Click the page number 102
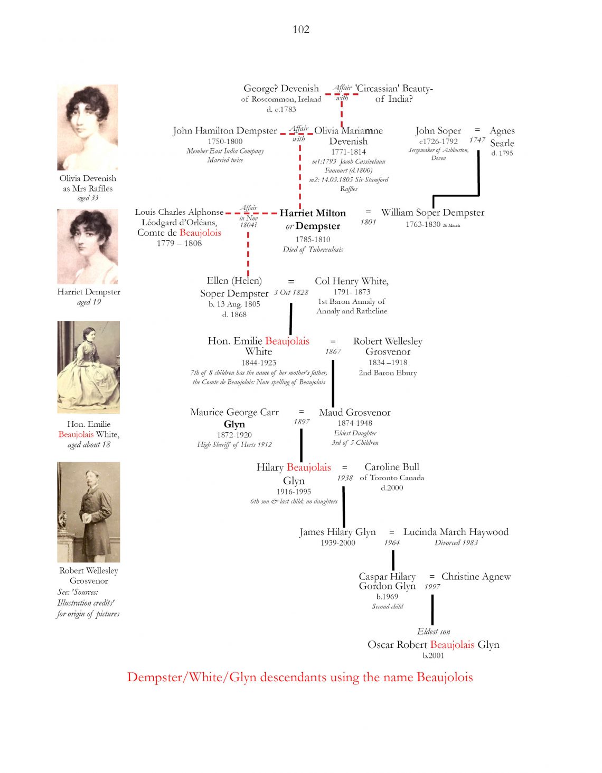[301, 29]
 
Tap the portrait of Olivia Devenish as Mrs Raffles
[88, 127]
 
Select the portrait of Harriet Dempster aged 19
[88, 246]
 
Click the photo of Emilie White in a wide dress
[88, 367]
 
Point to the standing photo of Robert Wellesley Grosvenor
[89, 512]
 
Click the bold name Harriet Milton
[313, 213]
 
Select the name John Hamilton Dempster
[225, 130]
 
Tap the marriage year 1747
[477, 140]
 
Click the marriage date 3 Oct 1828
[291, 292]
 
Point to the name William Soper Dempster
[433, 212]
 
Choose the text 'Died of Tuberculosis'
[313, 250]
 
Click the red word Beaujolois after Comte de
[201, 233]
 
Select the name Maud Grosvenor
[354, 412]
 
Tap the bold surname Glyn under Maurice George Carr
[234, 424]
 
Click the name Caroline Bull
[392, 467]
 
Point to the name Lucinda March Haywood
[456, 532]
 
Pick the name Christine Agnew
[476, 577]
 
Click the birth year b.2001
[433, 656]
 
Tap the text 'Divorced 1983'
[456, 542]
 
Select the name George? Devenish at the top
[281, 88]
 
